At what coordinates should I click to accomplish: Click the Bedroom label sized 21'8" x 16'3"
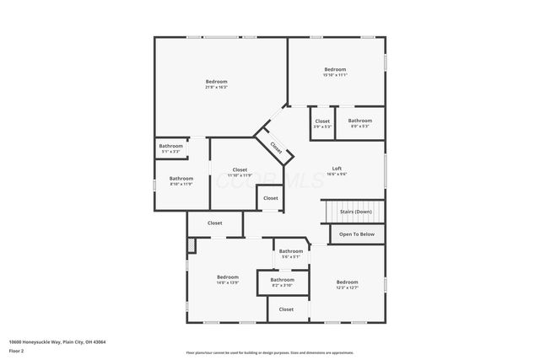(216, 83)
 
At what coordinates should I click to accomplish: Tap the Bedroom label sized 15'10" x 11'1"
(335, 72)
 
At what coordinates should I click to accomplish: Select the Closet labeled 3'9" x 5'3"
(322, 123)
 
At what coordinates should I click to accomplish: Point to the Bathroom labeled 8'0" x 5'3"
(360, 123)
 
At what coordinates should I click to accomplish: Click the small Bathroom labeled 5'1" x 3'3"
(170, 148)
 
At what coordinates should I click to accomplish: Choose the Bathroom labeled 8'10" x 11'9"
(181, 180)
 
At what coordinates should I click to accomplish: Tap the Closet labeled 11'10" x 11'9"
(240, 172)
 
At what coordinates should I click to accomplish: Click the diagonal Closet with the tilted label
(276, 147)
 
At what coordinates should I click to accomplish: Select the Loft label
(337, 170)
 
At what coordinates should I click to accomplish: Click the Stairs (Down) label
(356, 212)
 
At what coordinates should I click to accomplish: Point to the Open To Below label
(356, 234)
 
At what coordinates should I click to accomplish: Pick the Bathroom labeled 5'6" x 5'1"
(291, 253)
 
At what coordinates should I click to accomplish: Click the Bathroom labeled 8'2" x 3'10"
(282, 282)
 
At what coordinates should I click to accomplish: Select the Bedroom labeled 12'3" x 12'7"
(347, 284)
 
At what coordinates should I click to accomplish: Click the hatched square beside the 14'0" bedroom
(192, 244)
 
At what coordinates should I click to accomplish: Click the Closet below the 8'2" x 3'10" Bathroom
(286, 309)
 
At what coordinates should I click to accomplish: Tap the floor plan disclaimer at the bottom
(269, 352)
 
